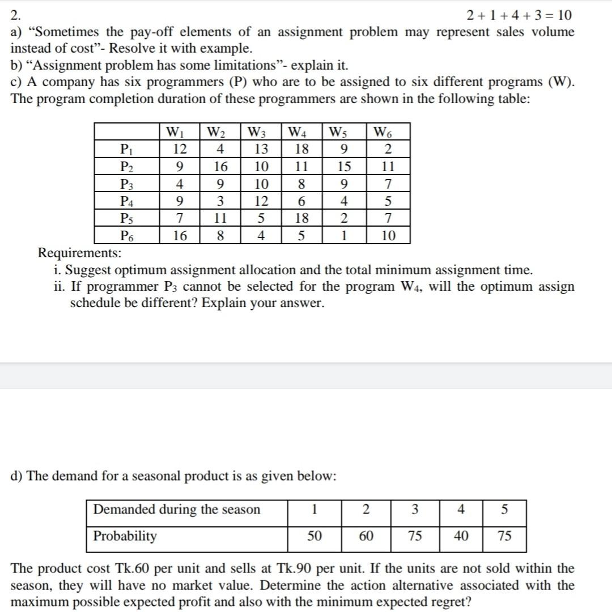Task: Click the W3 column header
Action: [x=260, y=134]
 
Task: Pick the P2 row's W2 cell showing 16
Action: [x=220, y=167]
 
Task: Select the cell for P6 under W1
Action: [x=180, y=235]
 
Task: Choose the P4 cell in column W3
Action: [x=260, y=201]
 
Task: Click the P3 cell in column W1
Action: [x=180, y=184]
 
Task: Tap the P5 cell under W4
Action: [x=301, y=218]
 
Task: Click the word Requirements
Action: [x=79, y=253]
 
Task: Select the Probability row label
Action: [x=125, y=536]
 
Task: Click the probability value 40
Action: [x=461, y=536]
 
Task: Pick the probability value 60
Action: [x=366, y=536]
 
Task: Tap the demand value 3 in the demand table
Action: [x=415, y=509]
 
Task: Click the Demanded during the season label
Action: [x=177, y=509]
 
